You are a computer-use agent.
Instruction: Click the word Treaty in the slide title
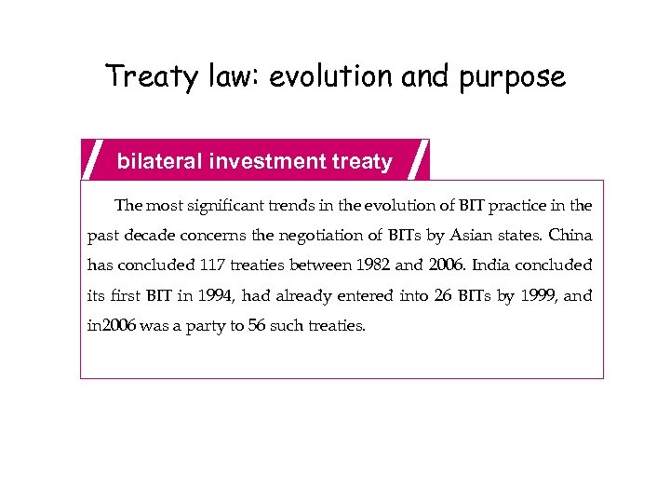pyautogui.click(x=139, y=76)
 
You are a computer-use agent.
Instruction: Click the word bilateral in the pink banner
pyautogui.click(x=159, y=162)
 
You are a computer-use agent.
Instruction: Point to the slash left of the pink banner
pyautogui.click(x=93, y=159)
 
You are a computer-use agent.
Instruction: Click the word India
pyautogui.click(x=493, y=265)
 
